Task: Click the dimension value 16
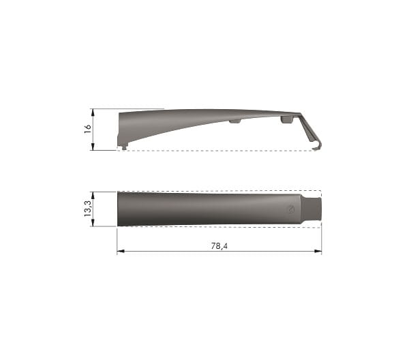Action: (x=88, y=129)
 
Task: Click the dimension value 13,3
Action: (x=88, y=209)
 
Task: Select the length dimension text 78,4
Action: (x=219, y=246)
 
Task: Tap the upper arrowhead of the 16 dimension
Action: (x=93, y=112)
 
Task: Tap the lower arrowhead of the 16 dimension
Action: (x=93, y=147)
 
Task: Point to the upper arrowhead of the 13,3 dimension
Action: (x=93, y=196)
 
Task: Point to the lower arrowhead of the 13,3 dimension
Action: (x=93, y=222)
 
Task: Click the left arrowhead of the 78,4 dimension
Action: (x=121, y=251)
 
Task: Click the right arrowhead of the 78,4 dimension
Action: (x=318, y=251)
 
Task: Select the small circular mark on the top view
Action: (x=290, y=209)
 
